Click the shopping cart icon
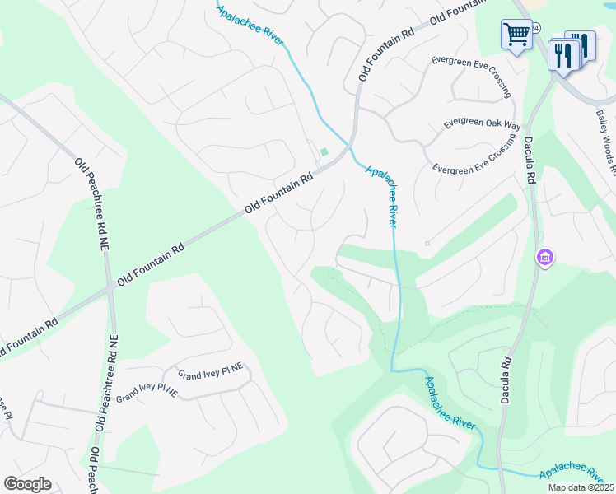516,35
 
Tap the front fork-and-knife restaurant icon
563,55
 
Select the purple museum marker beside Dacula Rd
544,259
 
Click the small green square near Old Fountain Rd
324,151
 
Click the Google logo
27,484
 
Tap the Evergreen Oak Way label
483,123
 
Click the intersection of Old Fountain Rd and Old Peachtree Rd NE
110,288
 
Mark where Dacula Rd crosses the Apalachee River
499,468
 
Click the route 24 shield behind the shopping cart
535,28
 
